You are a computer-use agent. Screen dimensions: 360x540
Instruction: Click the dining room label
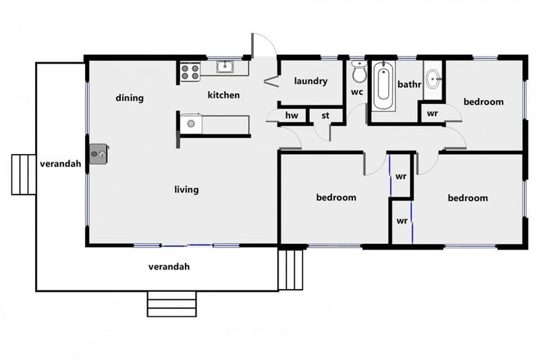[129, 98]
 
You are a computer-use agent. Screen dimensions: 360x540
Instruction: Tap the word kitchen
[224, 95]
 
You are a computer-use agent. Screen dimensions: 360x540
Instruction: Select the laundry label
[311, 81]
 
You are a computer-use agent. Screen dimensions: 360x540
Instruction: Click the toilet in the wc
[359, 72]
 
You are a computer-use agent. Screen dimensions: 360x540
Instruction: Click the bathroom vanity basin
[432, 78]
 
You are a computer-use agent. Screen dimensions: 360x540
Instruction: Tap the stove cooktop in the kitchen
[190, 72]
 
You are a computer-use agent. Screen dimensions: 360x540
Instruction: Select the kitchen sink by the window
[225, 67]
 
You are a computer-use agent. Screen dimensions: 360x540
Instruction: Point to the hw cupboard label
[291, 116]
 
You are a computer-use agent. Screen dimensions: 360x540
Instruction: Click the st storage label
[326, 116]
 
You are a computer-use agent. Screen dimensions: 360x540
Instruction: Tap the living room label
[186, 189]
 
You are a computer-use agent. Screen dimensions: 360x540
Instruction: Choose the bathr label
[409, 84]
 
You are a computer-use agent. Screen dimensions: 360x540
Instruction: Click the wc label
[357, 92]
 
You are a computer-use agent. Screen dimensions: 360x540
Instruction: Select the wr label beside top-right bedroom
[432, 113]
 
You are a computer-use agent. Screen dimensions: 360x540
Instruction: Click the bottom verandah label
[169, 267]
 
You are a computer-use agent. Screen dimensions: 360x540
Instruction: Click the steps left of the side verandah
[22, 174]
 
